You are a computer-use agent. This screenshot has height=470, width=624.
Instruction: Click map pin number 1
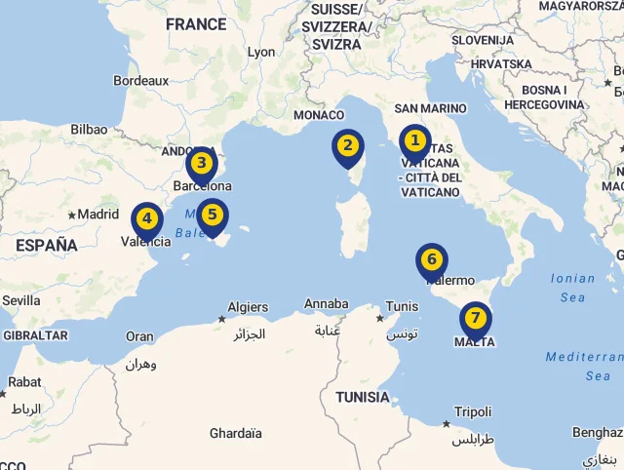(414, 142)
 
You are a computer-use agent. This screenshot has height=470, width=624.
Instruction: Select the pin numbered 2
(347, 147)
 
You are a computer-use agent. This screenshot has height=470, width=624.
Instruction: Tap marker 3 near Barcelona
(201, 164)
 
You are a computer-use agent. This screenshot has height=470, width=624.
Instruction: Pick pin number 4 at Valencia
(146, 219)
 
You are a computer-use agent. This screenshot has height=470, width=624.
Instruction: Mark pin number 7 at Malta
(475, 318)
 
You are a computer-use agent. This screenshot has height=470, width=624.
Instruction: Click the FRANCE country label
(196, 24)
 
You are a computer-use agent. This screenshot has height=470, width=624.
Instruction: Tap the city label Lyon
(261, 53)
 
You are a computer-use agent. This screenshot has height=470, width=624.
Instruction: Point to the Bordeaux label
(141, 81)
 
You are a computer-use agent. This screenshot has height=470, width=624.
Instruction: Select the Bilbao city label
(89, 129)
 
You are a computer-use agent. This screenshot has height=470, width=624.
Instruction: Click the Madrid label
(97, 215)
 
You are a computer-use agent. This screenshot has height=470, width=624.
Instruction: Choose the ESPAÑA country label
(46, 246)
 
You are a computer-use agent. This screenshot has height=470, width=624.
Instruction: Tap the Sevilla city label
(20, 301)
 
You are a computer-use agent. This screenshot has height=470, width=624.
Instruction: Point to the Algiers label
(248, 307)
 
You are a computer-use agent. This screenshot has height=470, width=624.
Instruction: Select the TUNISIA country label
(362, 397)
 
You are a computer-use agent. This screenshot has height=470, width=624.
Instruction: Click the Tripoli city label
(473, 411)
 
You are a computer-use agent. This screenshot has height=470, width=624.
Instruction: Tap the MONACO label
(319, 115)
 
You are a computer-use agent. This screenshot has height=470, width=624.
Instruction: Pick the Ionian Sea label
(572, 287)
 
